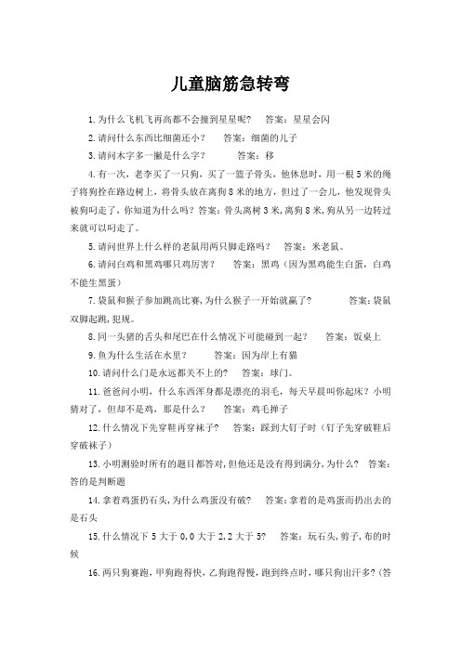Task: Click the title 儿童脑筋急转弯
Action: tap(230, 85)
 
